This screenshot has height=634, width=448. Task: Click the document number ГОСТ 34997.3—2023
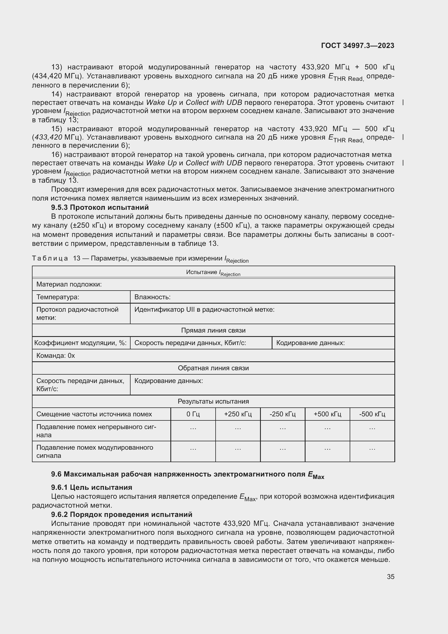pos(358,46)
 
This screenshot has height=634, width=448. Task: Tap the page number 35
pos(390,577)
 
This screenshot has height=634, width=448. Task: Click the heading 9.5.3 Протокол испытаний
pos(100,207)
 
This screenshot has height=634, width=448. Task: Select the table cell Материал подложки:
pos(69,284)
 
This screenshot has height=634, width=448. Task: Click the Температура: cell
pos(58,297)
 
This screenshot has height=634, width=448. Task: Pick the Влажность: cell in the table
pos(152,297)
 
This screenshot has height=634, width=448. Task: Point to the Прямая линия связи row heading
pos(213,330)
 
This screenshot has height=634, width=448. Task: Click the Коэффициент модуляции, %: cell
pos(80,343)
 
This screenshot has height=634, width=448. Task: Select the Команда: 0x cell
pos(56,356)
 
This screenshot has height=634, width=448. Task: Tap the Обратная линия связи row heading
pos(213,368)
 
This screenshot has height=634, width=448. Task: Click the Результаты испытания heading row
pos(213,401)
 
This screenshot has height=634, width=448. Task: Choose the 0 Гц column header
pos(193,414)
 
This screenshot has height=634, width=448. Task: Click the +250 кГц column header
pos(238,414)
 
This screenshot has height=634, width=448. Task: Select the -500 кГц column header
pos(372,414)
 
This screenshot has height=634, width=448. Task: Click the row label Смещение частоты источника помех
pos(94,414)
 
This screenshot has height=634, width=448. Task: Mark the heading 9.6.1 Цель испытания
pos(92,487)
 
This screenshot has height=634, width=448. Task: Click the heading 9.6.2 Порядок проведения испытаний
pos(122,514)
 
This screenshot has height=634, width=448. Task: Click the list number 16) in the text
pos(57,155)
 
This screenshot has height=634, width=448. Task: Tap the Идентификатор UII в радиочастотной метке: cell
pos(204,310)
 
